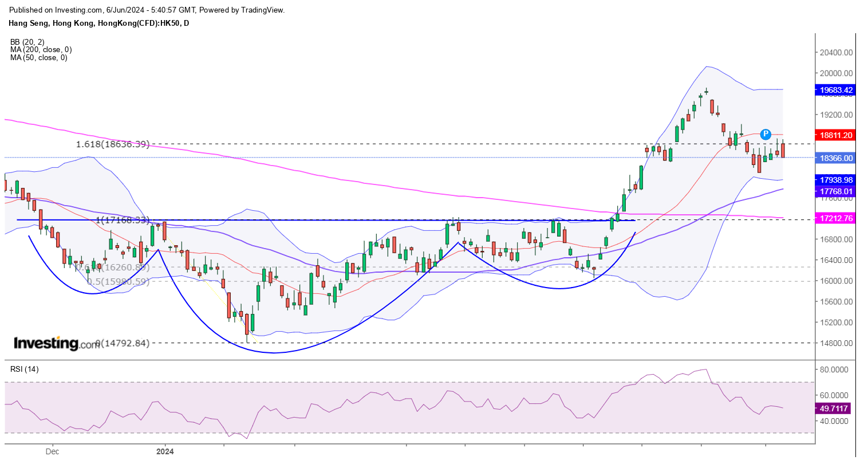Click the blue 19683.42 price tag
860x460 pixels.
pyautogui.click(x=837, y=90)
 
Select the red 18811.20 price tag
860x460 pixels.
pyautogui.click(x=837, y=135)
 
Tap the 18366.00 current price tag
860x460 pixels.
pyautogui.click(x=837, y=158)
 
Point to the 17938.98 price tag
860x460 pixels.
pyautogui.click(x=837, y=180)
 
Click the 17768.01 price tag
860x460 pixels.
pyautogui.click(x=837, y=191)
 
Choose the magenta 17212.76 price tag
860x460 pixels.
pyautogui.click(x=837, y=218)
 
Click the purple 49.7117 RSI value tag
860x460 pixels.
pyautogui.click(x=837, y=408)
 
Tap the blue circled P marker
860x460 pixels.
pyautogui.click(x=766, y=134)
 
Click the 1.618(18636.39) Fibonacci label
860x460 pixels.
pyautogui.click(x=113, y=144)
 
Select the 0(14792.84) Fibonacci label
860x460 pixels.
pyautogui.click(x=122, y=343)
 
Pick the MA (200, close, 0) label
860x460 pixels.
pyautogui.click(x=39, y=50)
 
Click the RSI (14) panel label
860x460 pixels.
pyautogui.click(x=25, y=369)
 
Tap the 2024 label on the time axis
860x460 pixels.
pyautogui.click(x=165, y=451)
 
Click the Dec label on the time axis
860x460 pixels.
pyautogui.click(x=52, y=451)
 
